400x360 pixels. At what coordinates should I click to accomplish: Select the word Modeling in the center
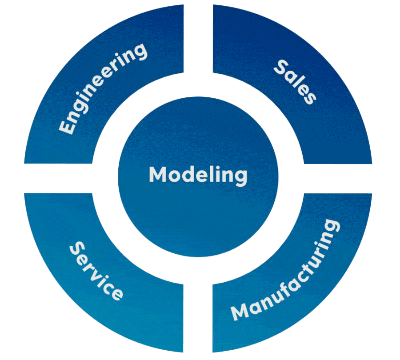198,175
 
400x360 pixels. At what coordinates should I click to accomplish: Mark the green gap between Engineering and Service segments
58,178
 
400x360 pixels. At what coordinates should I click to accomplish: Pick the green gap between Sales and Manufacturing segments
338,178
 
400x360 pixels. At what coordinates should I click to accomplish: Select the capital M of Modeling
158,175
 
